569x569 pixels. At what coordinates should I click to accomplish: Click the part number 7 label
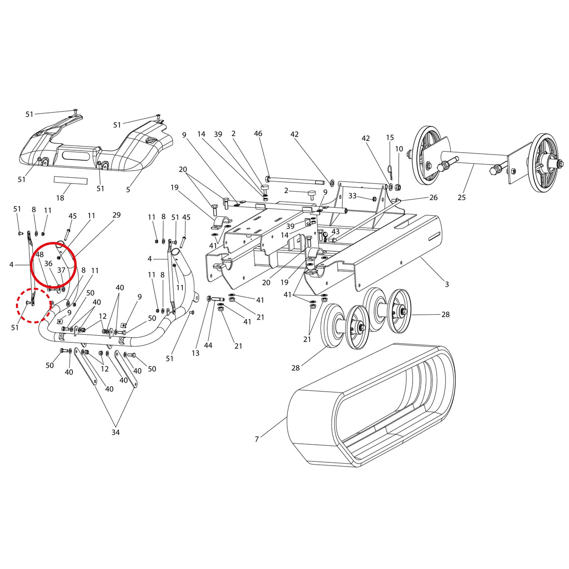(257, 439)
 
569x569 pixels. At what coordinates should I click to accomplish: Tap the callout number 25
(461, 197)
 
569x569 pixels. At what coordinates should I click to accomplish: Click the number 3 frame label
(447, 284)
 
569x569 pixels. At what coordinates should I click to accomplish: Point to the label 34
(115, 432)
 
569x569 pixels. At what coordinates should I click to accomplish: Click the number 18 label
(60, 198)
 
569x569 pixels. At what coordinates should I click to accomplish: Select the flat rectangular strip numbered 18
(71, 180)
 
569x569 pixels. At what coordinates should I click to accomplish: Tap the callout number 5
(128, 189)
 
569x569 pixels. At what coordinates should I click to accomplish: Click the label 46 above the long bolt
(258, 133)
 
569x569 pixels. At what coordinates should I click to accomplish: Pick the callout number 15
(390, 138)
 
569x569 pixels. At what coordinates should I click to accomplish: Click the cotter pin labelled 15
(390, 172)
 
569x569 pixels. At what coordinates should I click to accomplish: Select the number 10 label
(399, 149)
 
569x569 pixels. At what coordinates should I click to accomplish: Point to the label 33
(353, 195)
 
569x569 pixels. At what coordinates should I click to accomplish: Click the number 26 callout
(433, 198)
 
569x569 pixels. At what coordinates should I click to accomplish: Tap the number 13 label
(195, 353)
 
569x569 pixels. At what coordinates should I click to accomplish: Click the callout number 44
(208, 345)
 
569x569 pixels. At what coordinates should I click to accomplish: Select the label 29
(117, 215)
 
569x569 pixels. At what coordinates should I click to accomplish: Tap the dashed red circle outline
(33, 305)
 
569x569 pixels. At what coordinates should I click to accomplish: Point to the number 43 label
(335, 231)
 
